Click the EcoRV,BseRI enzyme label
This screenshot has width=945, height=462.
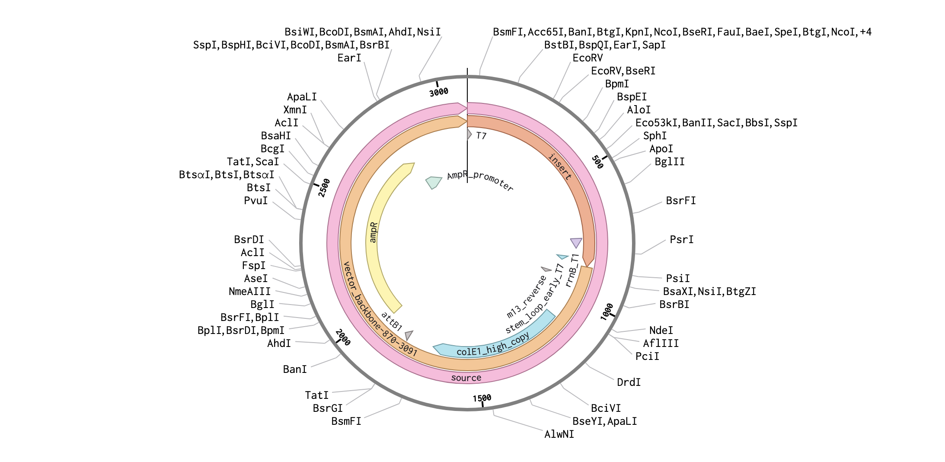click(x=623, y=71)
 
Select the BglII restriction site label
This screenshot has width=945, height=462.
click(x=669, y=162)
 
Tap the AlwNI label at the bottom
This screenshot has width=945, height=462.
click(x=559, y=434)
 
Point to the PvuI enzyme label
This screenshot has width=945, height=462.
click(x=256, y=201)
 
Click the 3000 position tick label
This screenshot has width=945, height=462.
click(x=439, y=92)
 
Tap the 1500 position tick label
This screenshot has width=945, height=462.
click(x=482, y=398)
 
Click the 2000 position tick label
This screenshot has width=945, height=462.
click(x=343, y=337)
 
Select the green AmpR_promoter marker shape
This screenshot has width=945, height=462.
click(x=433, y=182)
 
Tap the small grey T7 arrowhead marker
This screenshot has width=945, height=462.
click(x=469, y=134)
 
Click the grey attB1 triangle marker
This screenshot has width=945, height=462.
click(x=409, y=335)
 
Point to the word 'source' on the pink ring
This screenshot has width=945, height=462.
click(x=466, y=378)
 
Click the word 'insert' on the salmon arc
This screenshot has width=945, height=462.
click(x=560, y=167)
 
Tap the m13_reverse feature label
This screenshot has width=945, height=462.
click(x=527, y=297)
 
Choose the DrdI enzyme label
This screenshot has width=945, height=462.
click(x=629, y=382)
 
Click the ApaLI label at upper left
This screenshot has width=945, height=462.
click(x=302, y=97)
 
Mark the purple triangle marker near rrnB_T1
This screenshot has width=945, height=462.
click(x=576, y=243)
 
